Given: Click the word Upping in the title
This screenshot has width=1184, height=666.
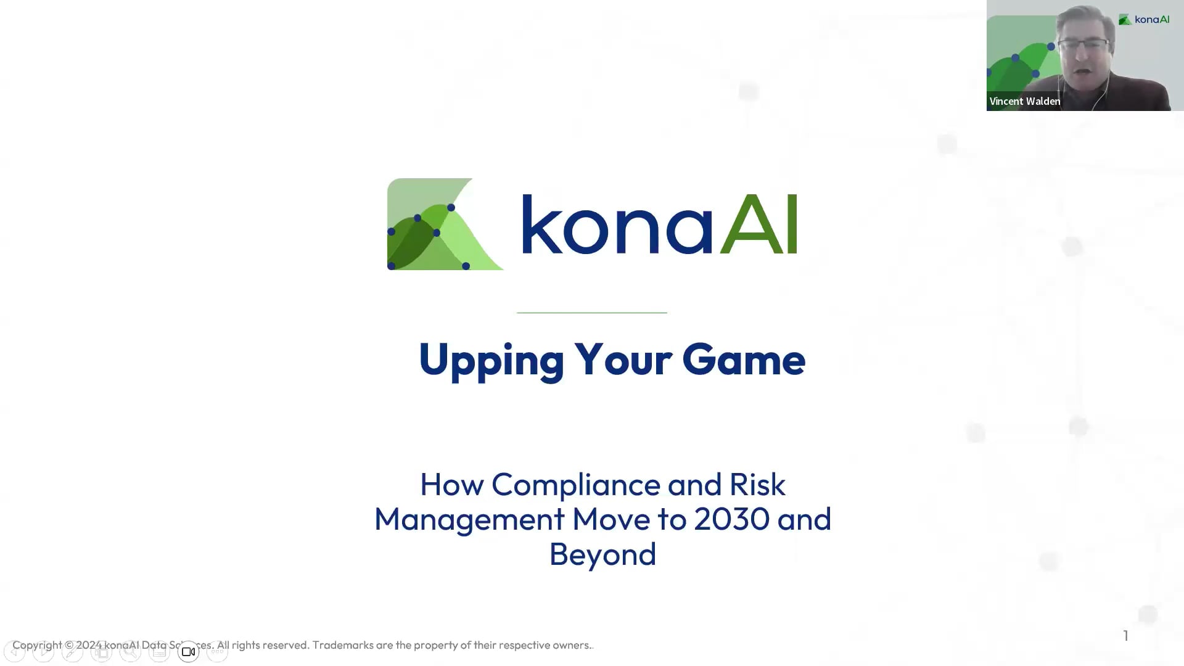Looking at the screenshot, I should pos(491,360).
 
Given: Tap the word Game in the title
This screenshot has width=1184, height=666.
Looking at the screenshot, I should pos(743,360).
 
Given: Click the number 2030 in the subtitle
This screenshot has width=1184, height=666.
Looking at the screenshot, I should pos(731,519).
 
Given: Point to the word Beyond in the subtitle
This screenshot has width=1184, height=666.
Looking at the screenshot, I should pos(602,554).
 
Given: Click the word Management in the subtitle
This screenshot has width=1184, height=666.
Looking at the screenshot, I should pos(469,519).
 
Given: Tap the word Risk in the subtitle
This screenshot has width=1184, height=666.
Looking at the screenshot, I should pos(757,485).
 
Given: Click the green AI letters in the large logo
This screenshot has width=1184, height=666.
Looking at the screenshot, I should pos(759,224).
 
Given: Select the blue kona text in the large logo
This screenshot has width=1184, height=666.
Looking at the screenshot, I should pos(617,224).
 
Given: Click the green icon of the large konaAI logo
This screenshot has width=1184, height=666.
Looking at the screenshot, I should pos(444,224).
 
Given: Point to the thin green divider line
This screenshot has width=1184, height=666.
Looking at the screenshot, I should pos(592,313).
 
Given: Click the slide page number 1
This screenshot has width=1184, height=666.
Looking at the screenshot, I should pos(1125,636).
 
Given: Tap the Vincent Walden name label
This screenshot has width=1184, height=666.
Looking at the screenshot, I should pos(1024,101).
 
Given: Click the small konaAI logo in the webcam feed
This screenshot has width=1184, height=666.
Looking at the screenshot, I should pos(1144,20).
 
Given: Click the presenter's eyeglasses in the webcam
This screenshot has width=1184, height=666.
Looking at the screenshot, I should pos(1083,45).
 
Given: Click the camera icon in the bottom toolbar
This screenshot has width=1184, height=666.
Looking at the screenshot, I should pos(188,652).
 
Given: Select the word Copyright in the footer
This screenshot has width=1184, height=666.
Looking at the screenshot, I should pos(37,645).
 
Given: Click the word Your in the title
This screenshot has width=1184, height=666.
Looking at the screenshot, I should pos(623,360).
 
